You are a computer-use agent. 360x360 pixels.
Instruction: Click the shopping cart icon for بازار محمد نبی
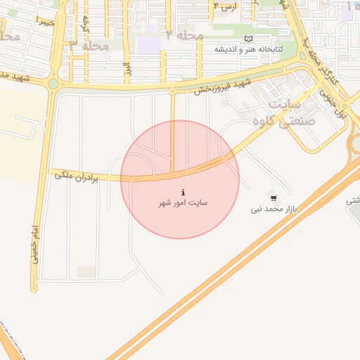point(274,198)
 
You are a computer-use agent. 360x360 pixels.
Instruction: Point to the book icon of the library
point(247,39)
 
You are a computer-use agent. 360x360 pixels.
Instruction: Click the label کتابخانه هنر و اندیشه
point(248,49)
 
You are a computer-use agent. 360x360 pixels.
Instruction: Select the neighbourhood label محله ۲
point(185,34)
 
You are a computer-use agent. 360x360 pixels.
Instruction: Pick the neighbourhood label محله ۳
point(89,45)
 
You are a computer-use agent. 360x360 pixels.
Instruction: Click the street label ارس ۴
point(224,6)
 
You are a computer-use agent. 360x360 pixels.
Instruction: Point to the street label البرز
point(128,68)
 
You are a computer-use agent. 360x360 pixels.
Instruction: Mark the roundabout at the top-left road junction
point(53,84)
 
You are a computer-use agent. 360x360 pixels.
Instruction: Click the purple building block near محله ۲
point(148,45)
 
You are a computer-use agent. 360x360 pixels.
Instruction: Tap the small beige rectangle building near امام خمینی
point(86,271)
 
